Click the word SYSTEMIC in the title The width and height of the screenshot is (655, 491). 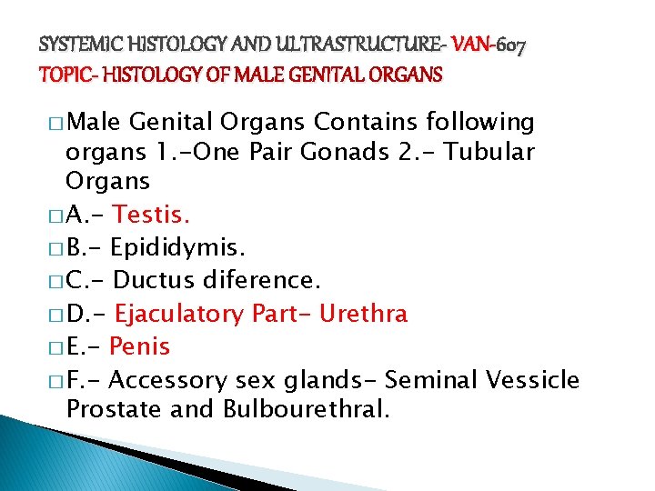(x=76, y=42)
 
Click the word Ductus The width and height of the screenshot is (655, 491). (x=149, y=281)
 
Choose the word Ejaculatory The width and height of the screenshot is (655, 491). (x=176, y=314)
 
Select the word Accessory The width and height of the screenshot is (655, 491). (x=173, y=379)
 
